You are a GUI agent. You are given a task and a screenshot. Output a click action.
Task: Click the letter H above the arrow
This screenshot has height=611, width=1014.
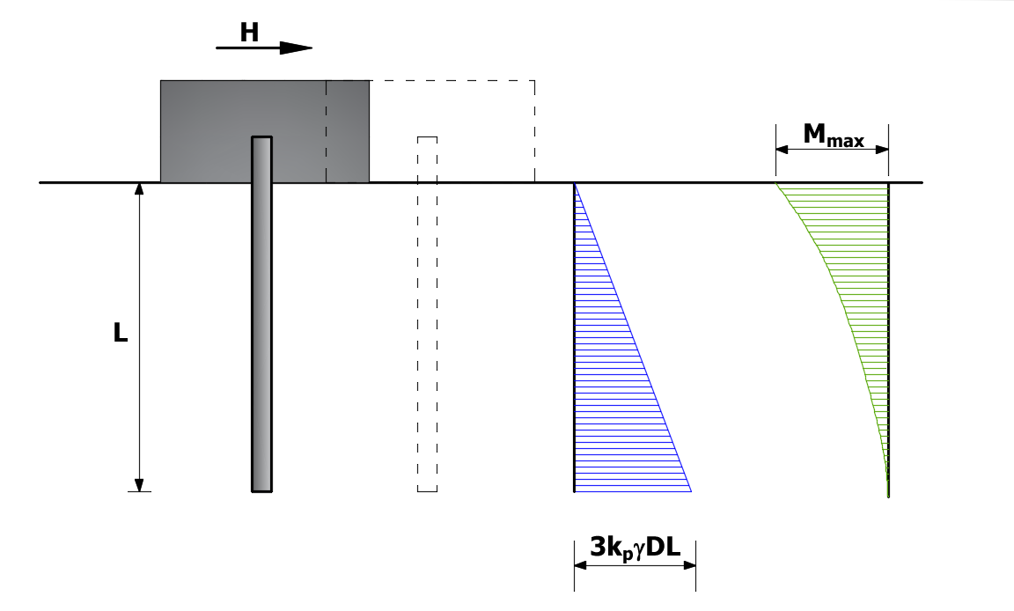(x=249, y=33)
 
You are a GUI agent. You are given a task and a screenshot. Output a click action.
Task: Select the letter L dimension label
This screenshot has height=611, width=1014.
(x=121, y=332)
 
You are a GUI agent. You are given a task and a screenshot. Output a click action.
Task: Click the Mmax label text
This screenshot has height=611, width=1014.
(x=833, y=135)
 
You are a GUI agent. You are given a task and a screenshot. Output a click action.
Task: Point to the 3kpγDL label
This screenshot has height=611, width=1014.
(x=635, y=548)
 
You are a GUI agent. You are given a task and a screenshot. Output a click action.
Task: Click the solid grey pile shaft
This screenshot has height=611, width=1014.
(x=262, y=314)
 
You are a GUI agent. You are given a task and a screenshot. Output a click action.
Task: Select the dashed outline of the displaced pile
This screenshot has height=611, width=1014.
(x=428, y=314)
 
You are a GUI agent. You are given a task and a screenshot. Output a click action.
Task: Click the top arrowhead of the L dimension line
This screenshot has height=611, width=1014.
(x=138, y=188)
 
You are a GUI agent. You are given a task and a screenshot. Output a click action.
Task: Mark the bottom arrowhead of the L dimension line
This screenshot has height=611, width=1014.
(x=138, y=486)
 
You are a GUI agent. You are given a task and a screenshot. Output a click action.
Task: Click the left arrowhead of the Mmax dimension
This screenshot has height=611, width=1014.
(x=782, y=150)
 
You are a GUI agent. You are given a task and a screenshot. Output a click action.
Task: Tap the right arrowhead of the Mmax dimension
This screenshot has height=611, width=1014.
(x=882, y=150)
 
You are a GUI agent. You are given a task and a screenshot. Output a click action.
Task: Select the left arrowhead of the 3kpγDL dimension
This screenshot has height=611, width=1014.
(x=580, y=565)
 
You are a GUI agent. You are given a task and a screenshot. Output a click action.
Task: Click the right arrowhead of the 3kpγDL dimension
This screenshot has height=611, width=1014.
(x=690, y=565)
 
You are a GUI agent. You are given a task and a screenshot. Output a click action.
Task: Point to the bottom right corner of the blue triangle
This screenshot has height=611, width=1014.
(x=691, y=491)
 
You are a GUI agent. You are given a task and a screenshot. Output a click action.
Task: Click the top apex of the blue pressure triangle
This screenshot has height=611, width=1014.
(x=574, y=184)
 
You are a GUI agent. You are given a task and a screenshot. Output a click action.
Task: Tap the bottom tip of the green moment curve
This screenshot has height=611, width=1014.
(x=888, y=497)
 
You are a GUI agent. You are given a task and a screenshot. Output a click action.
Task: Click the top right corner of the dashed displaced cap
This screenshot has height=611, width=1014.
(x=535, y=81)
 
